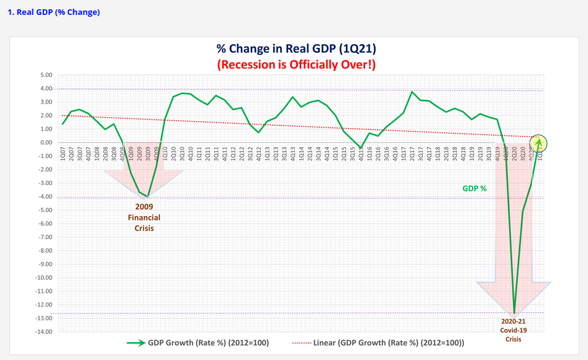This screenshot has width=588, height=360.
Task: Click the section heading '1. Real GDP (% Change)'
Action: (x=54, y=12)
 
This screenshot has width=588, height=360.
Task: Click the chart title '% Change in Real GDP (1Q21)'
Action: (x=296, y=49)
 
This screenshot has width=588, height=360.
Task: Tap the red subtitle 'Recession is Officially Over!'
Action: (x=296, y=64)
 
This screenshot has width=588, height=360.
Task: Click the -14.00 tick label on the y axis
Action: (x=45, y=332)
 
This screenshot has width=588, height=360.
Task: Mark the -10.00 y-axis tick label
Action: (x=45, y=277)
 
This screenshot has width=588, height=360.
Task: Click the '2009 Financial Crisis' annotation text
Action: (x=144, y=217)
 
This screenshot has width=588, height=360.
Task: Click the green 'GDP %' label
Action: (x=474, y=187)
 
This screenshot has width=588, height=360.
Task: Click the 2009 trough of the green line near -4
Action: (x=148, y=196)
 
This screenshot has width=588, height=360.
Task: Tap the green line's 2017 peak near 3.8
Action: (x=412, y=92)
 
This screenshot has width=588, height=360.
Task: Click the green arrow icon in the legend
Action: (x=135, y=343)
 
